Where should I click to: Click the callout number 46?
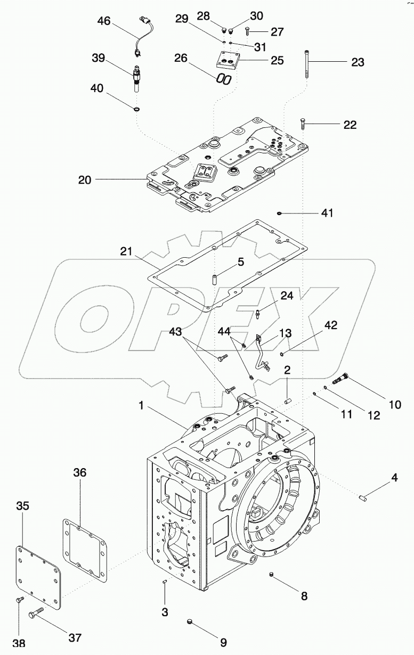(104, 21)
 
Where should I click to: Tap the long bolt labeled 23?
(309, 64)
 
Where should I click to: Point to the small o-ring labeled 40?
(137, 109)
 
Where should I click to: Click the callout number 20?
(85, 180)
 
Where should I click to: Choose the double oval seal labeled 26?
(224, 79)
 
